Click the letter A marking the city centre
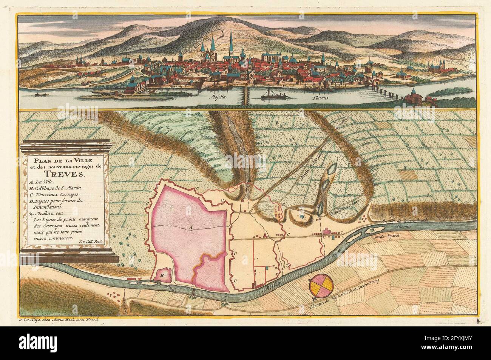pyautogui.click(x=190, y=228)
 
